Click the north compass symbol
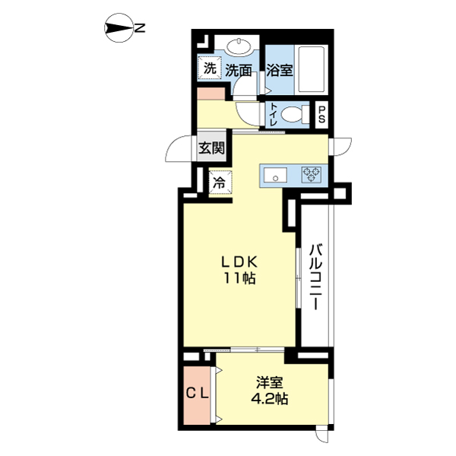(119, 28)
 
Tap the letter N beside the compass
(140, 28)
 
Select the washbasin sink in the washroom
(239, 46)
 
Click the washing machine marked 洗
(210, 68)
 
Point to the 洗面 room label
(239, 70)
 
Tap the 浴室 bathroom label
(280, 70)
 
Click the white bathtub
(312, 69)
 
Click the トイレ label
(274, 114)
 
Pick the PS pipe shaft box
(321, 115)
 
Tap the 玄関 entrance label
(212, 149)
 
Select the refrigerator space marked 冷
(220, 182)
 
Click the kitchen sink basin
(275, 176)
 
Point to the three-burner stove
(312, 175)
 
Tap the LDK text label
(239, 263)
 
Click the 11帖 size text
(239, 279)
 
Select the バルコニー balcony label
(315, 277)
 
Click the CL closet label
(198, 394)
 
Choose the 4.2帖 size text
(270, 399)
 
